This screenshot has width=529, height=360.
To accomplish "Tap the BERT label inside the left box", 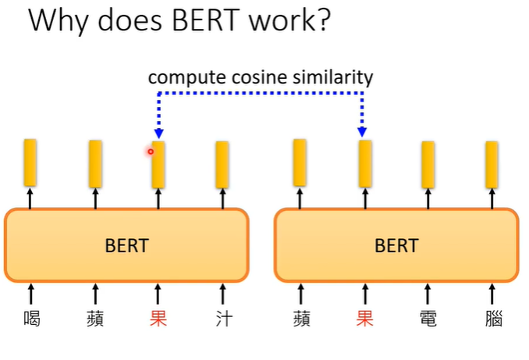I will (126, 245).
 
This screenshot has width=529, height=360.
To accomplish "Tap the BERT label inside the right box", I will (396, 245).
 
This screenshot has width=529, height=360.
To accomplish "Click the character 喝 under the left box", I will (32, 319).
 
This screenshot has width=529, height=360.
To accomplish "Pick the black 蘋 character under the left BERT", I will (95, 319).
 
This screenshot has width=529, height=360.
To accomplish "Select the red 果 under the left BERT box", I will (158, 319).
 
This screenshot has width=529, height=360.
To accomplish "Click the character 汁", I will (222, 319).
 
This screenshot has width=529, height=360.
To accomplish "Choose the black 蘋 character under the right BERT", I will (301, 319).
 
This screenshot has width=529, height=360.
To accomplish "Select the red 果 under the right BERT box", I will (364, 319).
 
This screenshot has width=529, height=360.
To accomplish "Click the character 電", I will (428, 319).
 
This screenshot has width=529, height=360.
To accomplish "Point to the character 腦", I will (492, 319).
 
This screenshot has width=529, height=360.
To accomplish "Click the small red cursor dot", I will (151, 151).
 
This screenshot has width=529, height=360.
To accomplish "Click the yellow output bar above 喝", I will (30, 162).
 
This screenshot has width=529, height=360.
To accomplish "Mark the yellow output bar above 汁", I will (222, 164).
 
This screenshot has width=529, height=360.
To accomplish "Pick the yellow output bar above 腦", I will (492, 164).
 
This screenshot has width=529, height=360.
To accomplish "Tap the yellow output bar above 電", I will (428, 164).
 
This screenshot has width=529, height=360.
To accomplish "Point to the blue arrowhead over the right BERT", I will (364, 134).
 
